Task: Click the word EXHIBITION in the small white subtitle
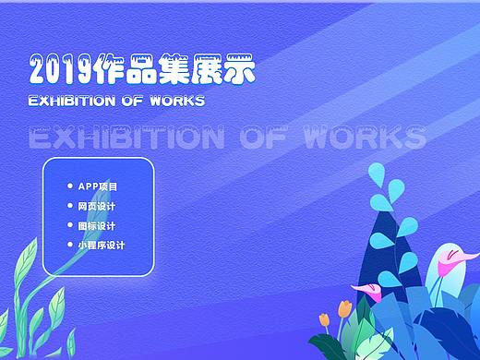pyautogui.click(x=71, y=100)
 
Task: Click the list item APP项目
pyautogui.click(x=98, y=186)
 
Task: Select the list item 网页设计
pyautogui.click(x=96, y=206)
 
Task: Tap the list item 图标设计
pyautogui.click(x=96, y=225)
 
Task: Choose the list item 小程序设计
pyautogui.click(x=101, y=245)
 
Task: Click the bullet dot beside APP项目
pyautogui.click(x=68, y=186)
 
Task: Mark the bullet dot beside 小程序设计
pyautogui.click(x=68, y=245)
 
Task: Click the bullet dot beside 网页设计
pyautogui.click(x=68, y=206)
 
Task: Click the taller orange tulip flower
pyautogui.click(x=345, y=307)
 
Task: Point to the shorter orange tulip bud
pyautogui.click(x=325, y=319)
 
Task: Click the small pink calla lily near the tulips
pyautogui.click(x=370, y=293)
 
